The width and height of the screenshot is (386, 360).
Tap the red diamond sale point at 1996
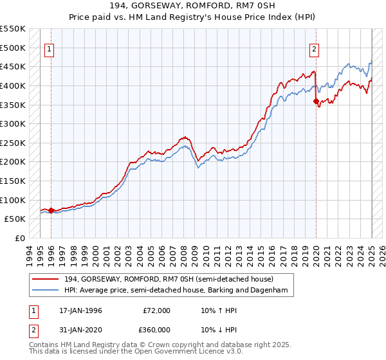[x=51, y=210]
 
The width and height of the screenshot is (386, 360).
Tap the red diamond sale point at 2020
[x=316, y=101]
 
